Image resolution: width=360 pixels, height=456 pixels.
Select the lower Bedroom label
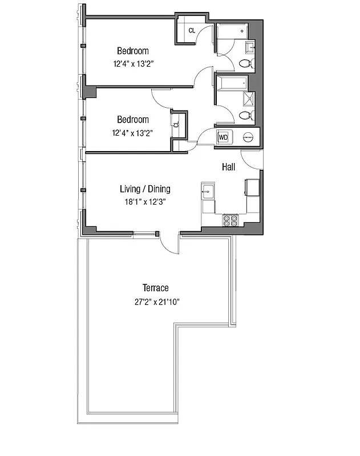133,119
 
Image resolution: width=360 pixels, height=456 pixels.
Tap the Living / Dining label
145,189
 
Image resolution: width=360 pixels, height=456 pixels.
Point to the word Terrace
156,288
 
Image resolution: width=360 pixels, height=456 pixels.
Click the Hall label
229,167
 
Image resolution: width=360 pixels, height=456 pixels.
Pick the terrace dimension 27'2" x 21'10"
156,302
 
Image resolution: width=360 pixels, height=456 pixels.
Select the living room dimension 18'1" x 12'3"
145,201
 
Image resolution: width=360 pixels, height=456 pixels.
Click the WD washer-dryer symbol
223,137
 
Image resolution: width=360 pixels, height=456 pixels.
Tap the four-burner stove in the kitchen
230,221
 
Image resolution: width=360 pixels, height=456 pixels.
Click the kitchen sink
208,192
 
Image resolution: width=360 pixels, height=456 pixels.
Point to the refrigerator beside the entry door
252,188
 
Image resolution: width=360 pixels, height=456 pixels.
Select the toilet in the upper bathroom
246,62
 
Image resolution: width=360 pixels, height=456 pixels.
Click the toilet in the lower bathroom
245,116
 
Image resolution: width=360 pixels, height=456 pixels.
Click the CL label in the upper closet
192,30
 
